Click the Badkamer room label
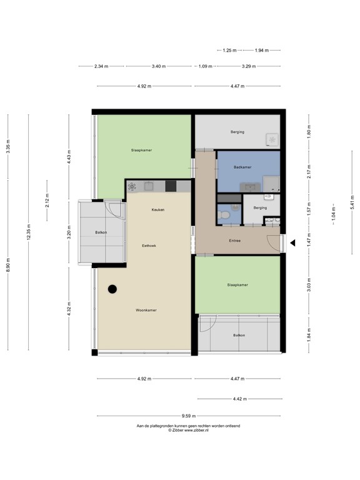click(242, 167)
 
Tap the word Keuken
click(158, 209)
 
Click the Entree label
click(235, 240)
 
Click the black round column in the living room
click(112, 289)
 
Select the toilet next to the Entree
click(225, 215)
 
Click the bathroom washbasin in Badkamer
click(252, 186)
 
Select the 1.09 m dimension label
click(204, 66)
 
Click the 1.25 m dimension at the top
click(229, 50)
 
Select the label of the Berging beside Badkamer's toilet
click(260, 207)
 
